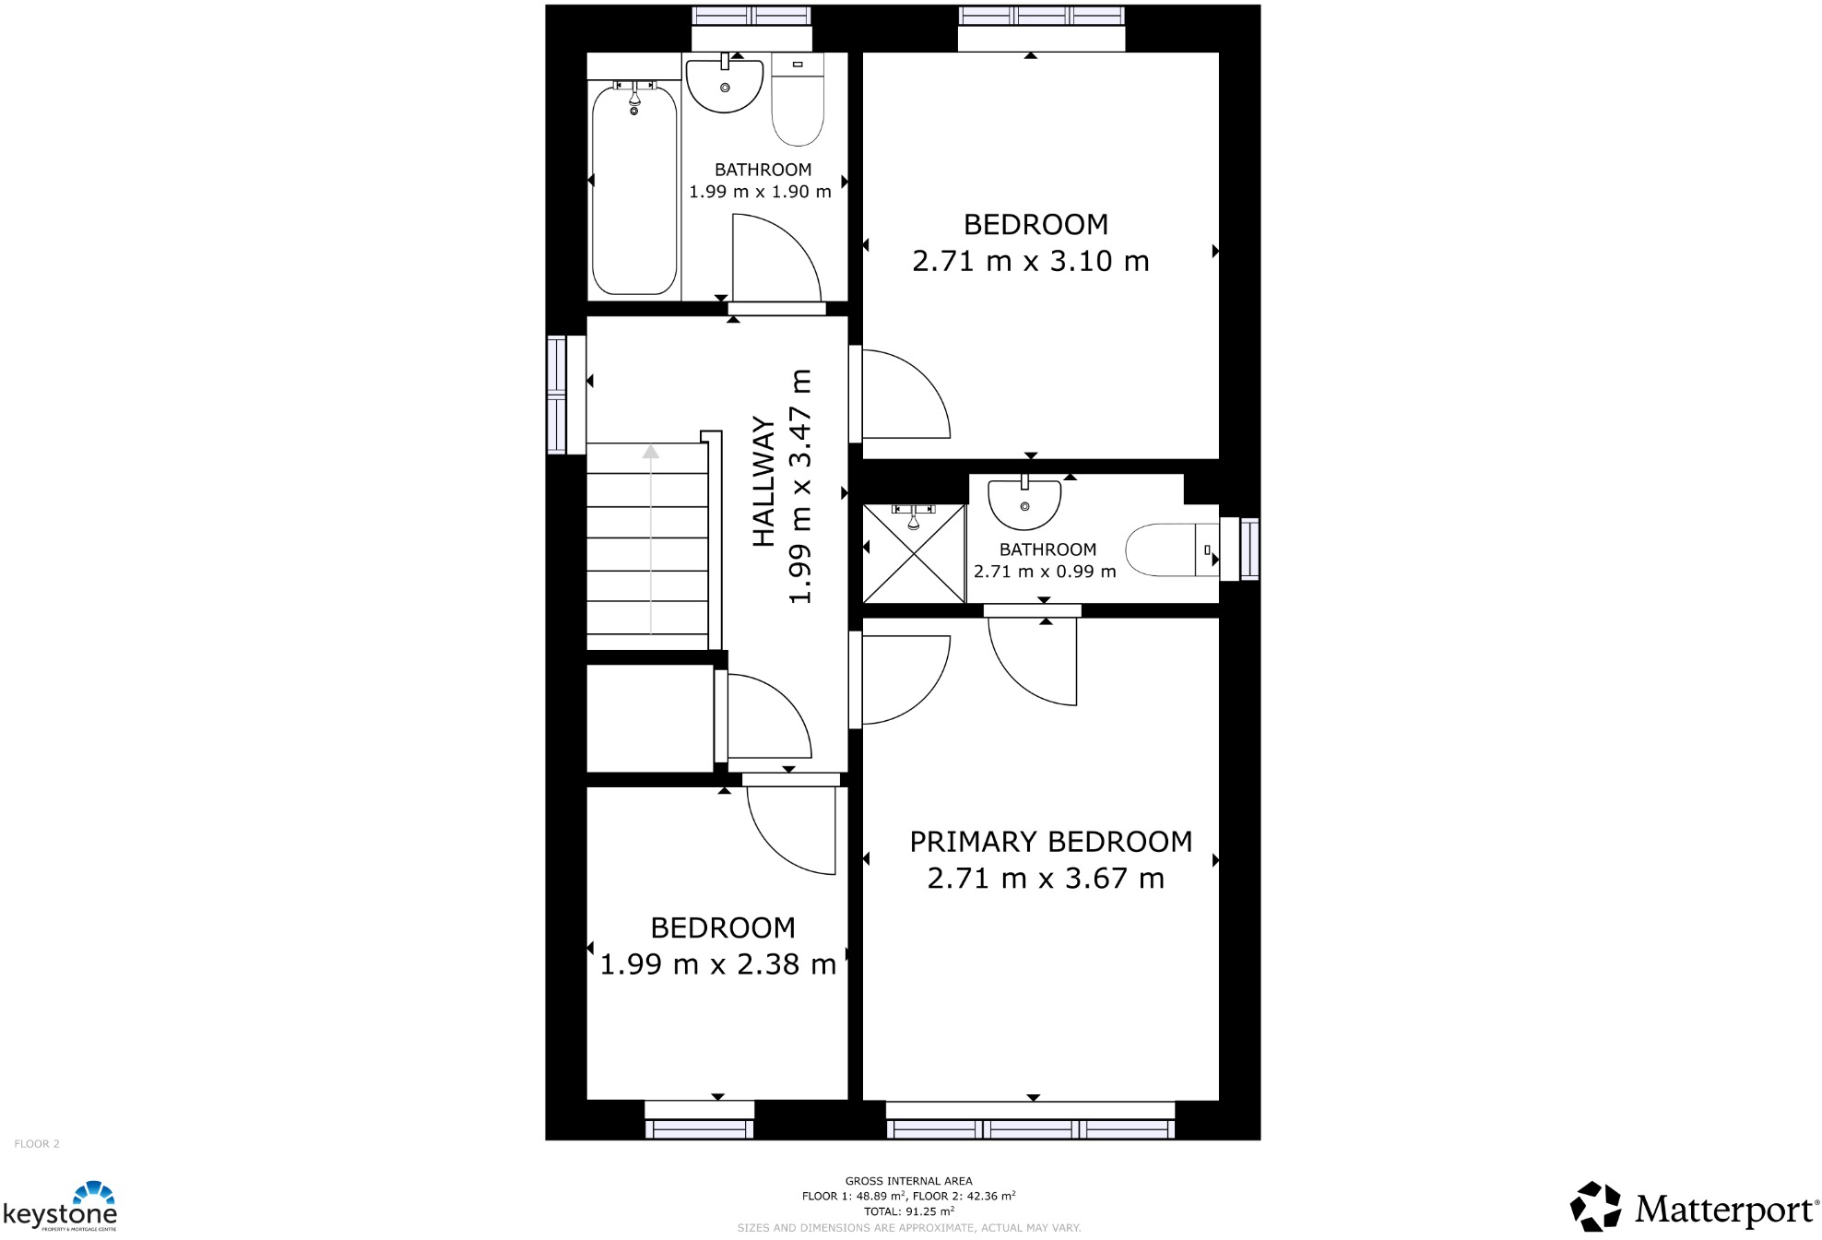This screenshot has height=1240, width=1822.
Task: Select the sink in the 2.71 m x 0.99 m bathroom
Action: [x=1024, y=503]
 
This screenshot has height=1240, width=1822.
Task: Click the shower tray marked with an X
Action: [x=913, y=553]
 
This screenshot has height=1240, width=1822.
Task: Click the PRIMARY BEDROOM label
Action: [x=1050, y=842]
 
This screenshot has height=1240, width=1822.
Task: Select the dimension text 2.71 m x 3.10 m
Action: [x=1030, y=261]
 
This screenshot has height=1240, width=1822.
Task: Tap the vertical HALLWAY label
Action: [x=763, y=481]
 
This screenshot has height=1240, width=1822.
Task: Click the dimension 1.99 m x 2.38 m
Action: [x=717, y=964]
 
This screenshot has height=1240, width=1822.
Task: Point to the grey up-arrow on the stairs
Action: [x=651, y=452]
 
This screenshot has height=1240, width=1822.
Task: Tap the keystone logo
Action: [x=61, y=1207]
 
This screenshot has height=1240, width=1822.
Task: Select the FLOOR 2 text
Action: [x=37, y=1143]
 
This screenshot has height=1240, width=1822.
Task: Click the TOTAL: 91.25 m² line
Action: [x=908, y=1211]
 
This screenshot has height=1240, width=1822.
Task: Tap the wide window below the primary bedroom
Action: [x=1030, y=1128]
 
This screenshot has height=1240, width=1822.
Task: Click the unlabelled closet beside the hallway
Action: [x=649, y=718]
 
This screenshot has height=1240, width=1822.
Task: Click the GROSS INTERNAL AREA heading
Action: [x=908, y=1180]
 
